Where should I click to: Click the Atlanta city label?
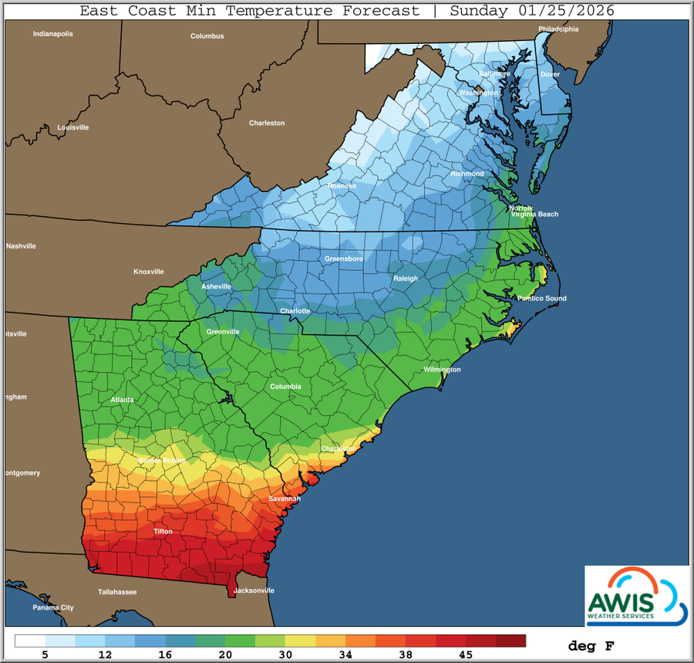(x=122, y=400)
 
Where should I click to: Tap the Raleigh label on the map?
(x=406, y=279)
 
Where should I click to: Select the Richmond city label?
(x=467, y=174)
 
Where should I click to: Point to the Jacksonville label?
(x=254, y=590)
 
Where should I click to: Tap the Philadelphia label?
(x=558, y=29)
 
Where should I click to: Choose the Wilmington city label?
(x=442, y=370)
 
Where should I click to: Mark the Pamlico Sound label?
(x=541, y=299)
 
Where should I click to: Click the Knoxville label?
(x=149, y=272)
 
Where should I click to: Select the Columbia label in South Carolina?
(x=285, y=386)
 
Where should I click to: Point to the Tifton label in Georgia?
(x=163, y=532)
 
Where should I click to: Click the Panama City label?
(x=53, y=607)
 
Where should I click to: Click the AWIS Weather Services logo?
(x=635, y=595)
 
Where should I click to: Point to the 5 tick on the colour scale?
(x=46, y=655)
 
